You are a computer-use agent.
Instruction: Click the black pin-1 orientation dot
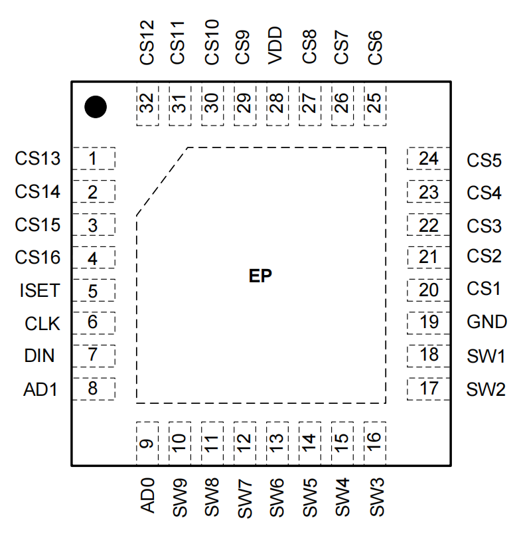click(x=96, y=106)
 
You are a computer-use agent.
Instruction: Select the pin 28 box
click(x=277, y=104)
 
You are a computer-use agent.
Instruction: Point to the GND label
click(x=486, y=322)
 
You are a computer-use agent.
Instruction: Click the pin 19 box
click(x=429, y=322)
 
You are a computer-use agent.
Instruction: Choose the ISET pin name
click(x=40, y=290)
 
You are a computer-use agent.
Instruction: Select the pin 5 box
click(x=93, y=290)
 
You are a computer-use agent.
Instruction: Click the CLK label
click(x=42, y=323)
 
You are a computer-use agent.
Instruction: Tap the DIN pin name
click(x=40, y=356)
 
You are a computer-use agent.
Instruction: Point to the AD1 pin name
click(x=40, y=389)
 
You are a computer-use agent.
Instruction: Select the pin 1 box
click(x=93, y=159)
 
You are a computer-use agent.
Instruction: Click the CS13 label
click(x=38, y=159)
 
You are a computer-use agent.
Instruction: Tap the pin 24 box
click(x=429, y=159)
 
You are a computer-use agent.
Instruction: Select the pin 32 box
click(x=147, y=104)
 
